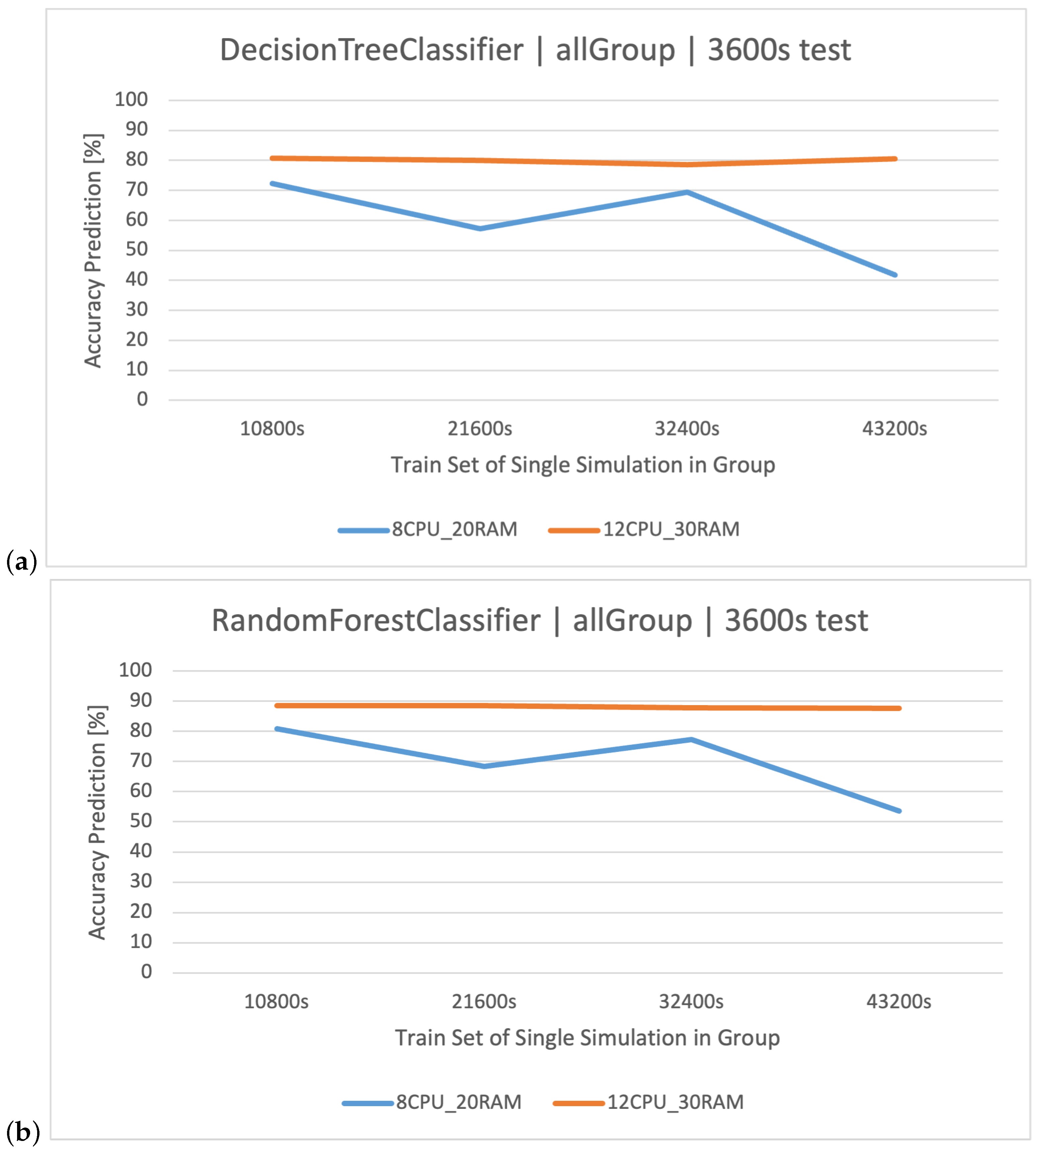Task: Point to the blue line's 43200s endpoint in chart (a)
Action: click(895, 275)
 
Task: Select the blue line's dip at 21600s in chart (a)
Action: click(480, 228)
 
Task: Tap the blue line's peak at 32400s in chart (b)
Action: click(691, 740)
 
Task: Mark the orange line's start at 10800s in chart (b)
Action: click(277, 705)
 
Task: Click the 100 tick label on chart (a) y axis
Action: click(131, 100)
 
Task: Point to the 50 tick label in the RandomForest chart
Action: click(141, 821)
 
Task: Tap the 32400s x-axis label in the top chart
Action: click(687, 428)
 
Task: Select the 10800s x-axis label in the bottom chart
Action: click(276, 1001)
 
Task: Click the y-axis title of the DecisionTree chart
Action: click(93, 251)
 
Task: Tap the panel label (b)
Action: click(23, 1132)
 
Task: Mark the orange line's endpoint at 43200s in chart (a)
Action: click(895, 159)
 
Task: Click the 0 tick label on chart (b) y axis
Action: click(147, 971)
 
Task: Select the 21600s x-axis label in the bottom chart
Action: click(484, 1001)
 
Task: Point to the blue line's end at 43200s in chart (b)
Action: click(899, 811)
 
